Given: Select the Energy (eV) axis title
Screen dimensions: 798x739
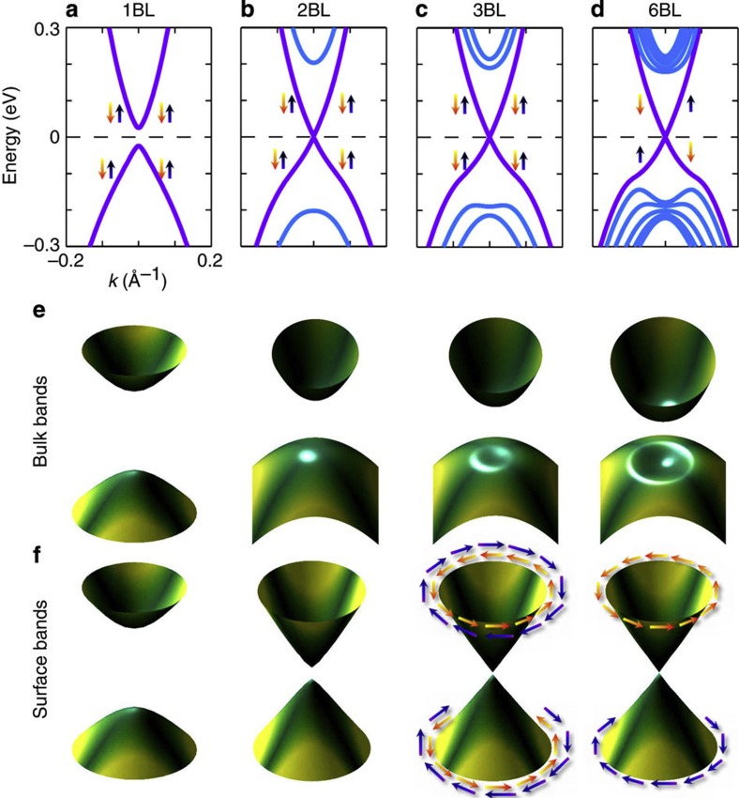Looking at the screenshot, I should pos(13,136).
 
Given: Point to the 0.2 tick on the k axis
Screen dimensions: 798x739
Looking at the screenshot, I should pos(208,262).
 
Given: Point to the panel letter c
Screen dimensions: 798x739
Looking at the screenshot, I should pos(422,10).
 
